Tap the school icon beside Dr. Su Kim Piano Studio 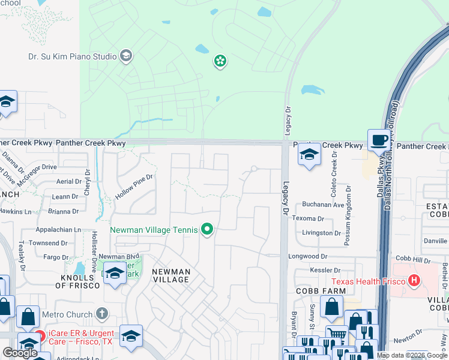click(x=126, y=57)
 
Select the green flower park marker click(x=220, y=61)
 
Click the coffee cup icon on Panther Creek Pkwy click(x=378, y=140)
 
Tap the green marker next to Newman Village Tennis click(x=208, y=229)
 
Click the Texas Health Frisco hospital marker click(x=413, y=280)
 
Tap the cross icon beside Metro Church click(x=102, y=314)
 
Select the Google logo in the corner click(x=20, y=352)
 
